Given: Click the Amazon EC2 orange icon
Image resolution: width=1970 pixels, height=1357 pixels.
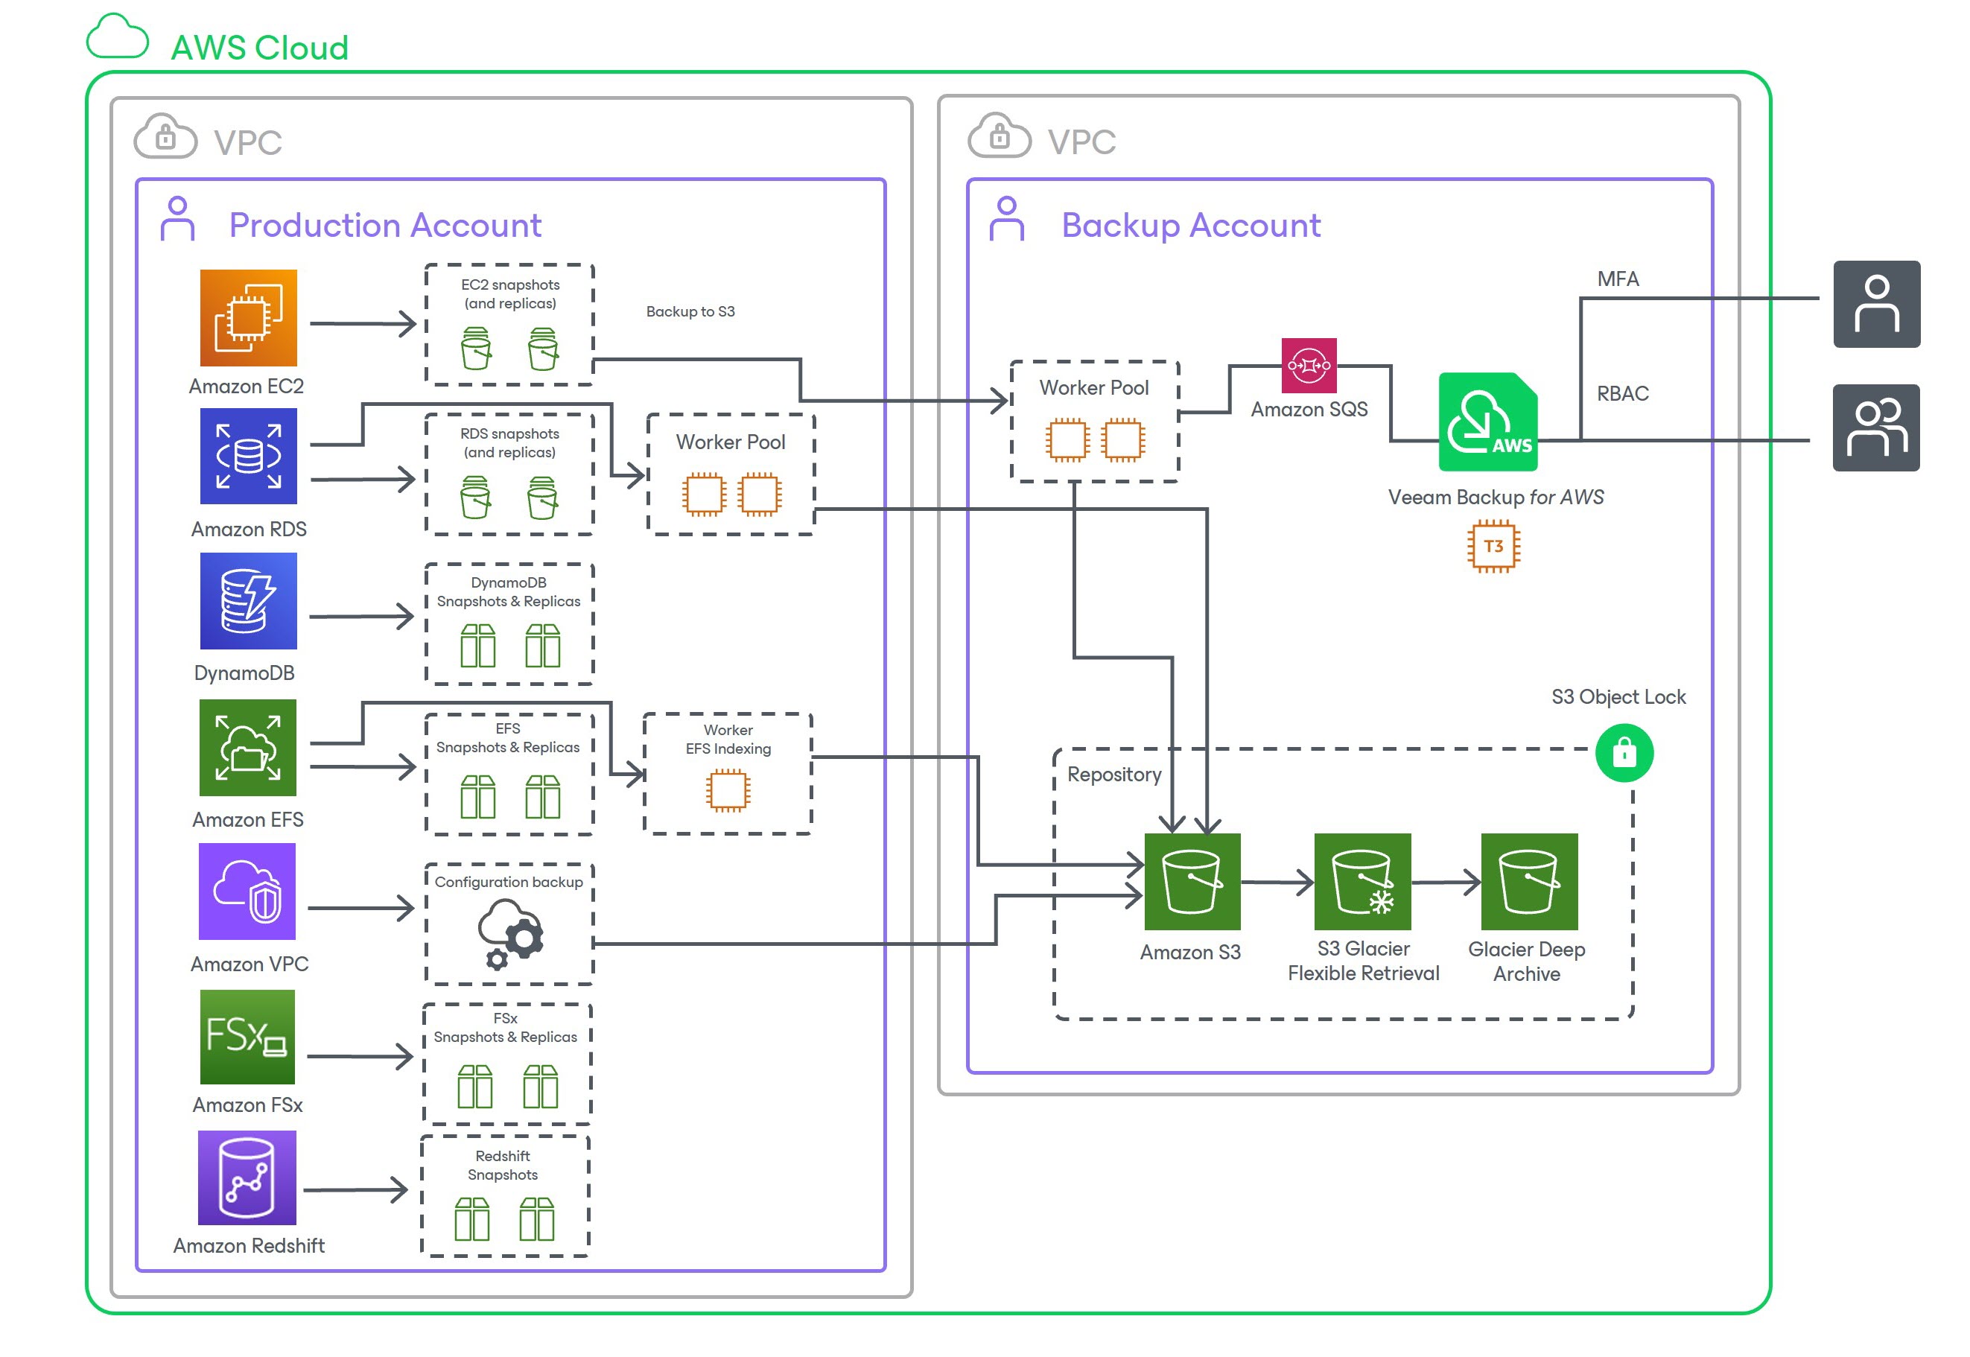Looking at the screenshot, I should tap(248, 318).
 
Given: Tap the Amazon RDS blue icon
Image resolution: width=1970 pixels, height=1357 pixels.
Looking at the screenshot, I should tap(248, 457).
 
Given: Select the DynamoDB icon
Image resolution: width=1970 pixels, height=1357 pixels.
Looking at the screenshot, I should tap(248, 602).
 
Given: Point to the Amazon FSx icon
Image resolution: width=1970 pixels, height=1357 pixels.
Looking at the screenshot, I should tap(247, 1037).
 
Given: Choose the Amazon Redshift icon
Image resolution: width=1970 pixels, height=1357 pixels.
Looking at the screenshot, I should tap(247, 1178).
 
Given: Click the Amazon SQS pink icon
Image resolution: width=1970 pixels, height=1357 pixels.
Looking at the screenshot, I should tap(1309, 366).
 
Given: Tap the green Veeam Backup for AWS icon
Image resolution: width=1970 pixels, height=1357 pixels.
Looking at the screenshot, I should tap(1488, 422).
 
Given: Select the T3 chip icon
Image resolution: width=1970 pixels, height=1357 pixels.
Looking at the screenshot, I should tap(1494, 547).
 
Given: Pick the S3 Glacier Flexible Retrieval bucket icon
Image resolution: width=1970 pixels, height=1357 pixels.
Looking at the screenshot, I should tap(1363, 883).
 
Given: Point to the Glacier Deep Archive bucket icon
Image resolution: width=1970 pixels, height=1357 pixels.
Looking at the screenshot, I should tap(1530, 883).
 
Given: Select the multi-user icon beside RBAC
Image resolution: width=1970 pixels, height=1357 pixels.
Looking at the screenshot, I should tap(1876, 428).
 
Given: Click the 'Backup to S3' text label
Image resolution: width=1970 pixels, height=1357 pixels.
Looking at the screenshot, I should tap(690, 312).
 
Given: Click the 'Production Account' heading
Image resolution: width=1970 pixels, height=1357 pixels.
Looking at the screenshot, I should tap(385, 226).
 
